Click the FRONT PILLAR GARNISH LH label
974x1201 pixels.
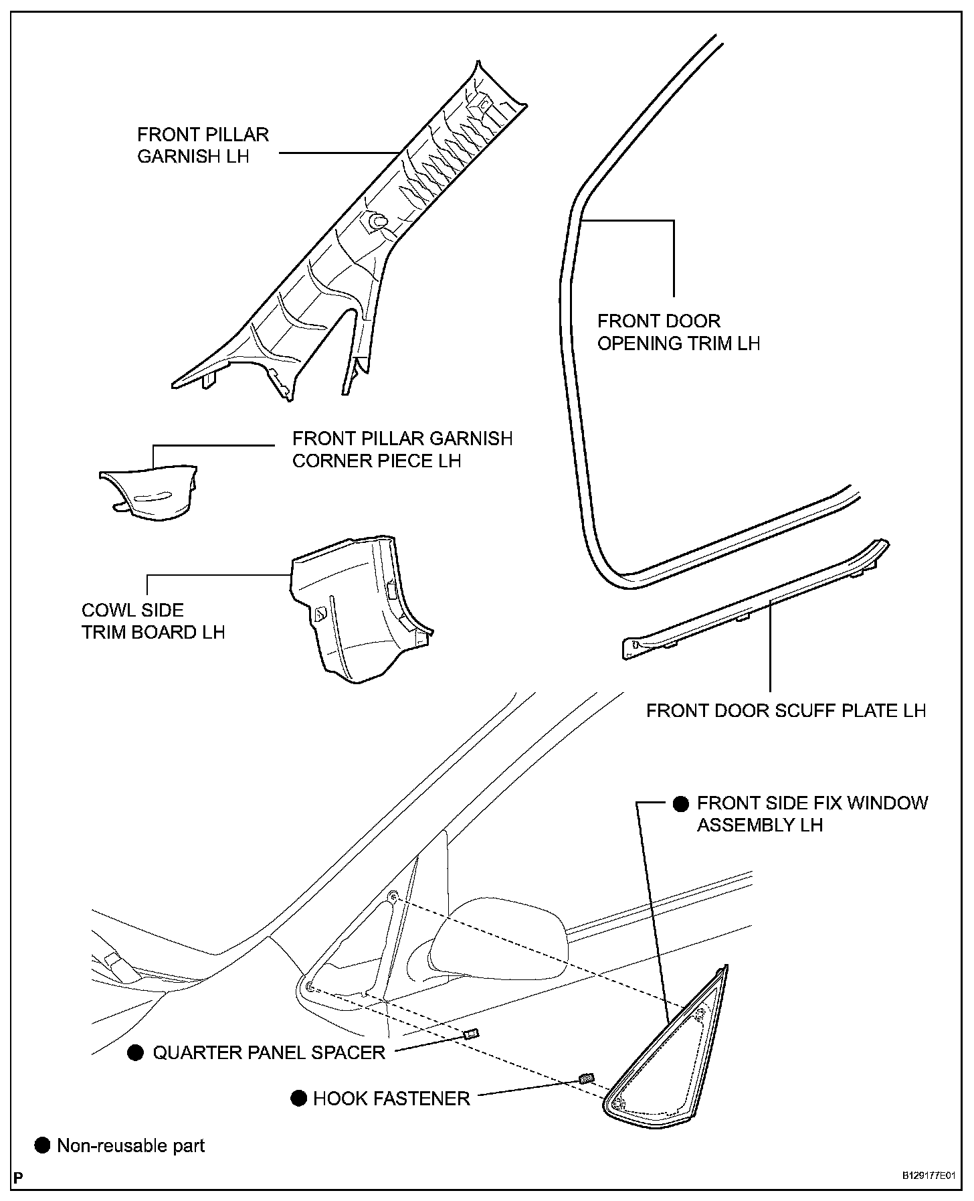pyautogui.click(x=203, y=145)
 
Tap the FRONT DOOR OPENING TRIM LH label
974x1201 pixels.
pyautogui.click(x=678, y=332)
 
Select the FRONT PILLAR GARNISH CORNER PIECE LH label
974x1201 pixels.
pyautogui.click(x=402, y=450)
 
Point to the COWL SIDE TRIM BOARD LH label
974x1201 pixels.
pyautogui.click(x=153, y=621)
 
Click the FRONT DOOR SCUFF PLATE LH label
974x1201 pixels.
pyautogui.click(x=786, y=710)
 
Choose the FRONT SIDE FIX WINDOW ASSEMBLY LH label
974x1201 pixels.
pyautogui.click(x=812, y=813)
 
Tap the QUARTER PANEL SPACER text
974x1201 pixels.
pyautogui.click(x=269, y=1052)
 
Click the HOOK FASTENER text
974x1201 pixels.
pyautogui.click(x=391, y=1099)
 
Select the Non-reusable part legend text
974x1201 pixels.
pyautogui.click(x=131, y=1145)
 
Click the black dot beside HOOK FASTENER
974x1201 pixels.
pyautogui.click(x=298, y=1099)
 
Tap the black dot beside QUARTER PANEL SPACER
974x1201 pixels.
pyautogui.click(x=136, y=1053)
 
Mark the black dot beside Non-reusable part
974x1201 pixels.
pyautogui.click(x=42, y=1145)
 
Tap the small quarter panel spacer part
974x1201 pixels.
pyautogui.click(x=471, y=1034)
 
